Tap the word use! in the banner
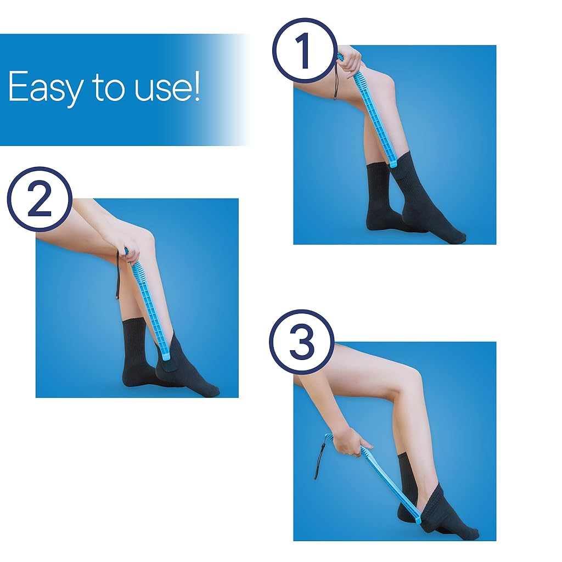pyautogui.click(x=167, y=87)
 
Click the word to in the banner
pyautogui.click(x=109, y=87)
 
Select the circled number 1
pyautogui.click(x=305, y=50)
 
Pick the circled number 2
pyautogui.click(x=40, y=199)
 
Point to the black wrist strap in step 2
pyautogui.click(x=118, y=276)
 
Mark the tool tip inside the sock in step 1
pyautogui.click(x=393, y=164)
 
